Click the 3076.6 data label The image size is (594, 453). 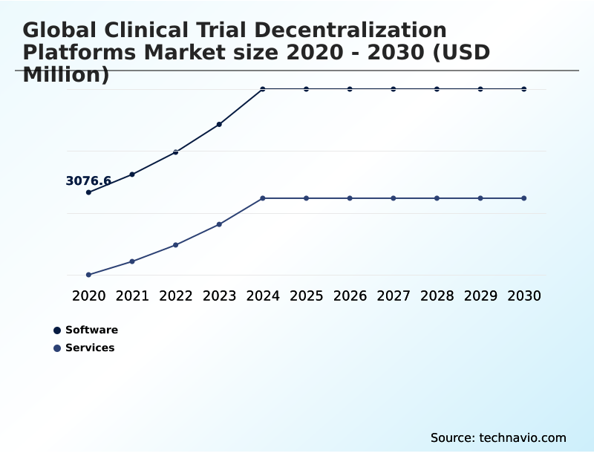(88, 180)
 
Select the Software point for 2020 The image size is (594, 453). (88, 192)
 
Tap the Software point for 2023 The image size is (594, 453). (219, 124)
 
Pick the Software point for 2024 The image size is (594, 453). (263, 89)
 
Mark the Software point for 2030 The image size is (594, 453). (524, 89)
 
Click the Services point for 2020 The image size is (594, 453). (88, 275)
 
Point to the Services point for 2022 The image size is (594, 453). (175, 245)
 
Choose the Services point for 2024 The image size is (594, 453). (263, 198)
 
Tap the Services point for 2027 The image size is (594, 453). (394, 198)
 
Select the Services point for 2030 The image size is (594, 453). (524, 198)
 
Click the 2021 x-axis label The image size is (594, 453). (132, 296)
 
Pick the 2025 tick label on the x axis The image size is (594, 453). (306, 296)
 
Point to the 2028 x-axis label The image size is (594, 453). (437, 296)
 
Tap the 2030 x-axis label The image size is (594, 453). (524, 296)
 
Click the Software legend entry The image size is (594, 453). (85, 330)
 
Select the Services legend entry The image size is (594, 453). (84, 348)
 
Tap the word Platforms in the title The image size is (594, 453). (79, 52)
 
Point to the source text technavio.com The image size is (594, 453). (523, 438)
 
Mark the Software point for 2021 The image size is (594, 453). (132, 175)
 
